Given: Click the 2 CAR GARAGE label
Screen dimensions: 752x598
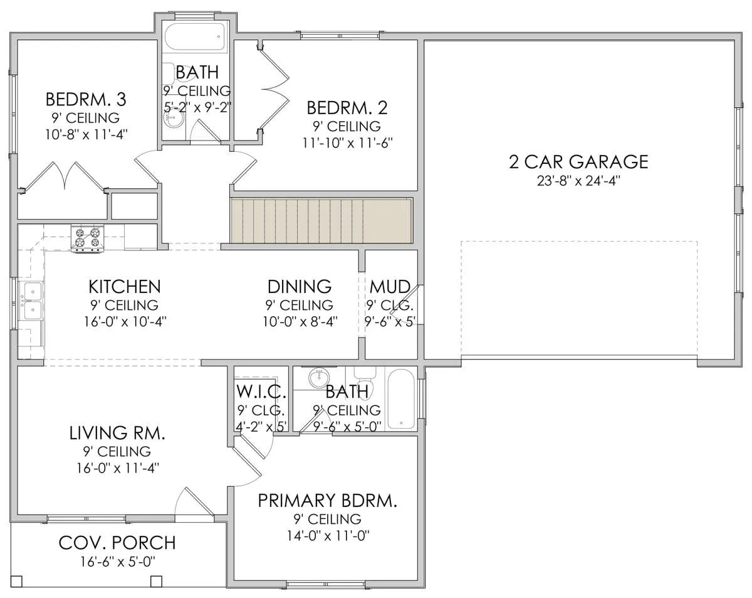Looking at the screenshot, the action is coord(578,162).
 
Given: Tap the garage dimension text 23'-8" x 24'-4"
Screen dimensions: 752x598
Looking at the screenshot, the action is coord(578,181).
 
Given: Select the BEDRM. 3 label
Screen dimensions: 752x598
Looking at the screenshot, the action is coord(86,99).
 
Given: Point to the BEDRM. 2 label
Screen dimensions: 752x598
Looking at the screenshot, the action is coord(347,108).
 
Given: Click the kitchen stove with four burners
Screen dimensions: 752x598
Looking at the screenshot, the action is coord(87,238).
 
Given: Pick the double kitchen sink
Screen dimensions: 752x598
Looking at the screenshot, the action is coord(31,301).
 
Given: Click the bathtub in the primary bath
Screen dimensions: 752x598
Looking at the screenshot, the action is coord(401,399).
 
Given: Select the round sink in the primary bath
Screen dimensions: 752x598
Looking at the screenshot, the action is coord(319,378).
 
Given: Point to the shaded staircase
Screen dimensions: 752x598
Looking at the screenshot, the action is coord(321,220).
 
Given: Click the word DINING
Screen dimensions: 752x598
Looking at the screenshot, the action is coord(300,287).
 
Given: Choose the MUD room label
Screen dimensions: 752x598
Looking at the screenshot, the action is coord(390,287).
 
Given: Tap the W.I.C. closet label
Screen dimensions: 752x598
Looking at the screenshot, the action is coord(261,392).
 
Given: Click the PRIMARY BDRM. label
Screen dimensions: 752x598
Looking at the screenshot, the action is coord(327,501).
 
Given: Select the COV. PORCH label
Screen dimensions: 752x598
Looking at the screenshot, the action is coord(117,543).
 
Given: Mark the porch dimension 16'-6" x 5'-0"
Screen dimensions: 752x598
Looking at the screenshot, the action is coord(118,562).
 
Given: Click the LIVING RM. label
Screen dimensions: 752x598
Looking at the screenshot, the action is coord(117,433).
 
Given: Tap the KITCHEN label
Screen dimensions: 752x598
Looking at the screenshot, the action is coord(125,287).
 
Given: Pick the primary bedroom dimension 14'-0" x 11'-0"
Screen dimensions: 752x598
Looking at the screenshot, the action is coord(328,536).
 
